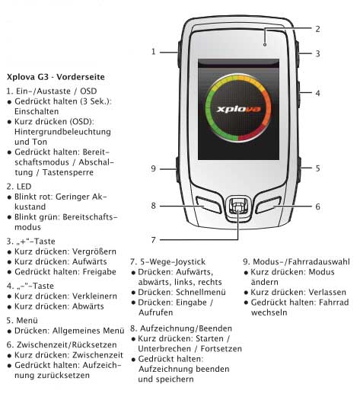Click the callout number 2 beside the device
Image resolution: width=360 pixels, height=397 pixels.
pyautogui.click(x=317, y=29)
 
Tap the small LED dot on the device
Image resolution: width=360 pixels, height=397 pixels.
pyautogui.click(x=265, y=45)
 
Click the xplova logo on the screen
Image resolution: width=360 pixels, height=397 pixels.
pyautogui.click(x=239, y=109)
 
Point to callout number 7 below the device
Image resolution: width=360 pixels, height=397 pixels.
pyautogui.click(x=153, y=240)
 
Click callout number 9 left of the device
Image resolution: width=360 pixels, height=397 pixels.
pyautogui.click(x=153, y=168)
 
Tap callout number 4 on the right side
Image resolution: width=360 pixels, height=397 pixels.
pyautogui.click(x=317, y=93)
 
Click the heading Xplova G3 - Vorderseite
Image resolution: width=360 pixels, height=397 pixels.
pyautogui.click(x=56, y=77)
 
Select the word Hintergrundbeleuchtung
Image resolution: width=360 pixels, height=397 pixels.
pyautogui.click(x=62, y=132)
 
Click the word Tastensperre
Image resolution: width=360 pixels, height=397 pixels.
pyautogui.click(x=68, y=172)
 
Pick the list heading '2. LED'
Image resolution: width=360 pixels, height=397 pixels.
pyautogui.click(x=19, y=187)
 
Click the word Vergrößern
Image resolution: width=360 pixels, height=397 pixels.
pyautogui.click(x=94, y=251)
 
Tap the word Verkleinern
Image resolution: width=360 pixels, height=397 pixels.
pyautogui.click(x=94, y=296)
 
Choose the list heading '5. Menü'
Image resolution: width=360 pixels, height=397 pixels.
pyautogui.click(x=22, y=320)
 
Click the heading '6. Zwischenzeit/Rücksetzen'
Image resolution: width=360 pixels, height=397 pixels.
pyautogui.click(x=62, y=344)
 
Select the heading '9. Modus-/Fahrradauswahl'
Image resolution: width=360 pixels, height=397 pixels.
pyautogui.click(x=296, y=261)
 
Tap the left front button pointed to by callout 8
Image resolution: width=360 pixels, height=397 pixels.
pyautogui.click(x=209, y=205)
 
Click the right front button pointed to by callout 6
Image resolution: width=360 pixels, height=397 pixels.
pyautogui.click(x=269, y=205)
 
